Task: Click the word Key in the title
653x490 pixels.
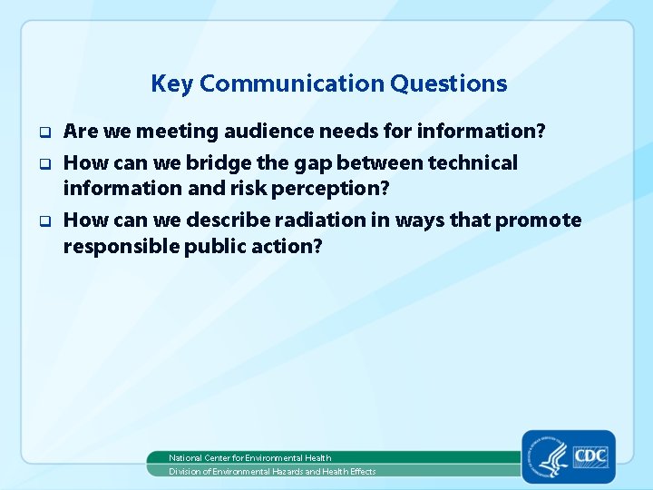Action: [x=172, y=84]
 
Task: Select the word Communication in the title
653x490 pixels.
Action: [x=292, y=83]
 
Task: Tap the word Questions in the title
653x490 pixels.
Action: [x=449, y=83]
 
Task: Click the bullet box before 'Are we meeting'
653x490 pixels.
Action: [x=45, y=132]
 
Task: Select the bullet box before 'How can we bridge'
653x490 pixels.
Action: [x=45, y=163]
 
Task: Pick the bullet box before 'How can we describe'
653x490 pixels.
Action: [x=45, y=220]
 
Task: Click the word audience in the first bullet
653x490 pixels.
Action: [x=269, y=131]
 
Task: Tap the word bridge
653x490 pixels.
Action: [x=219, y=163]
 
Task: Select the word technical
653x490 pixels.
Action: [x=473, y=162]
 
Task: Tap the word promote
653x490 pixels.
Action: [x=538, y=221]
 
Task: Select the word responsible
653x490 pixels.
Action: [x=121, y=247]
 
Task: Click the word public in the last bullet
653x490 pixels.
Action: [x=215, y=247]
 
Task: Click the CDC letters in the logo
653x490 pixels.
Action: [x=591, y=456]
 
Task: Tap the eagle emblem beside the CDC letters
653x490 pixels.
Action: [x=550, y=457]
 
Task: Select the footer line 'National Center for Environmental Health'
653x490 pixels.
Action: [x=250, y=458]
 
